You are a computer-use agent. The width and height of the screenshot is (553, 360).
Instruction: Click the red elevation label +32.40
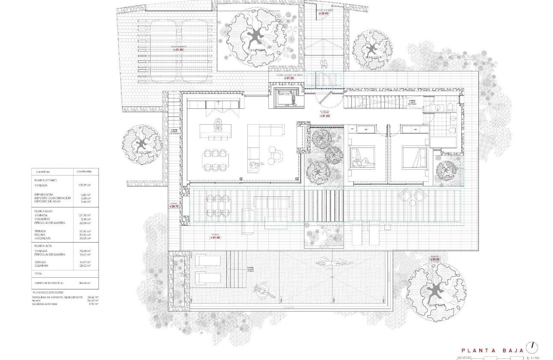coord(324,13)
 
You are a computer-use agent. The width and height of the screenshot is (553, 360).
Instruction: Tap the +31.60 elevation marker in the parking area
coord(178,50)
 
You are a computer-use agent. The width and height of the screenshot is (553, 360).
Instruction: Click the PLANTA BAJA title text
coord(492,350)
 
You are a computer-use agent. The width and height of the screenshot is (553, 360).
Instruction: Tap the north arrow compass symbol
coord(533,346)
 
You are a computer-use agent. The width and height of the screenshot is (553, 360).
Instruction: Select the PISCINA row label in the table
coord(41,235)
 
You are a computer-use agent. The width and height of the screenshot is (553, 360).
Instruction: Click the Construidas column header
coord(84,171)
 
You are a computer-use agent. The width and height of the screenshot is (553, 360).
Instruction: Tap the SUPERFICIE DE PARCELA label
coord(50,283)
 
